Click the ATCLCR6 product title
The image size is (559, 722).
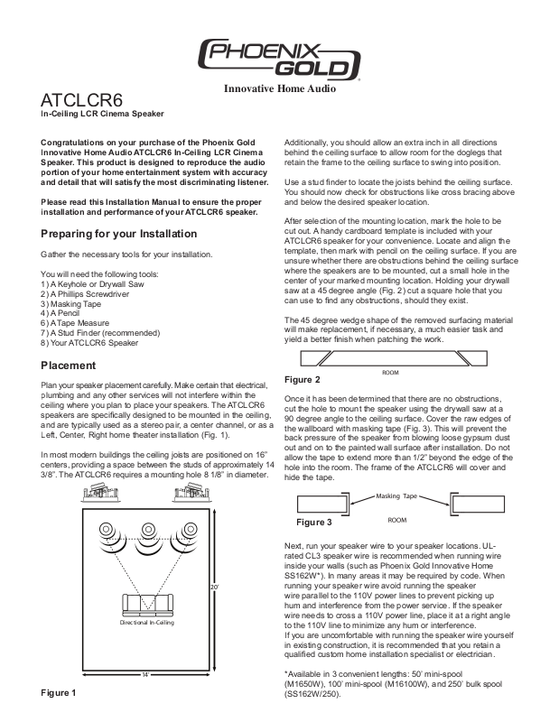80,99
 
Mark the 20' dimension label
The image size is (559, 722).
239,588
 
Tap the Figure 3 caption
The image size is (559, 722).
315,522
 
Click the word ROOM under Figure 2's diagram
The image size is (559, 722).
390,372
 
